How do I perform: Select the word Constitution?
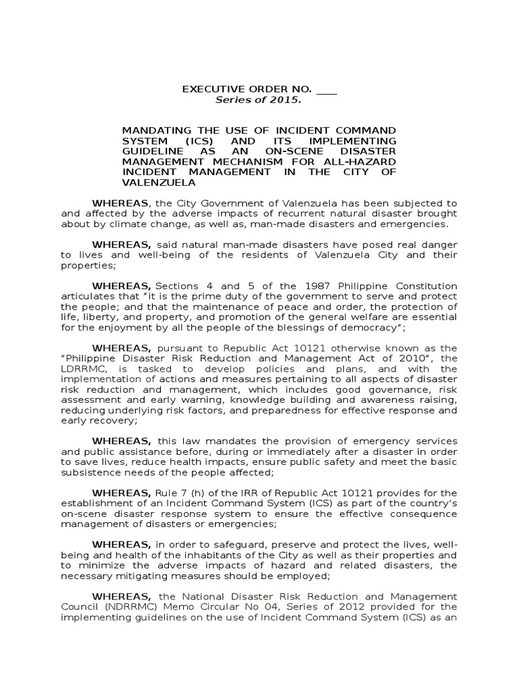(422, 287)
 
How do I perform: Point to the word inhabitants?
(193, 555)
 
